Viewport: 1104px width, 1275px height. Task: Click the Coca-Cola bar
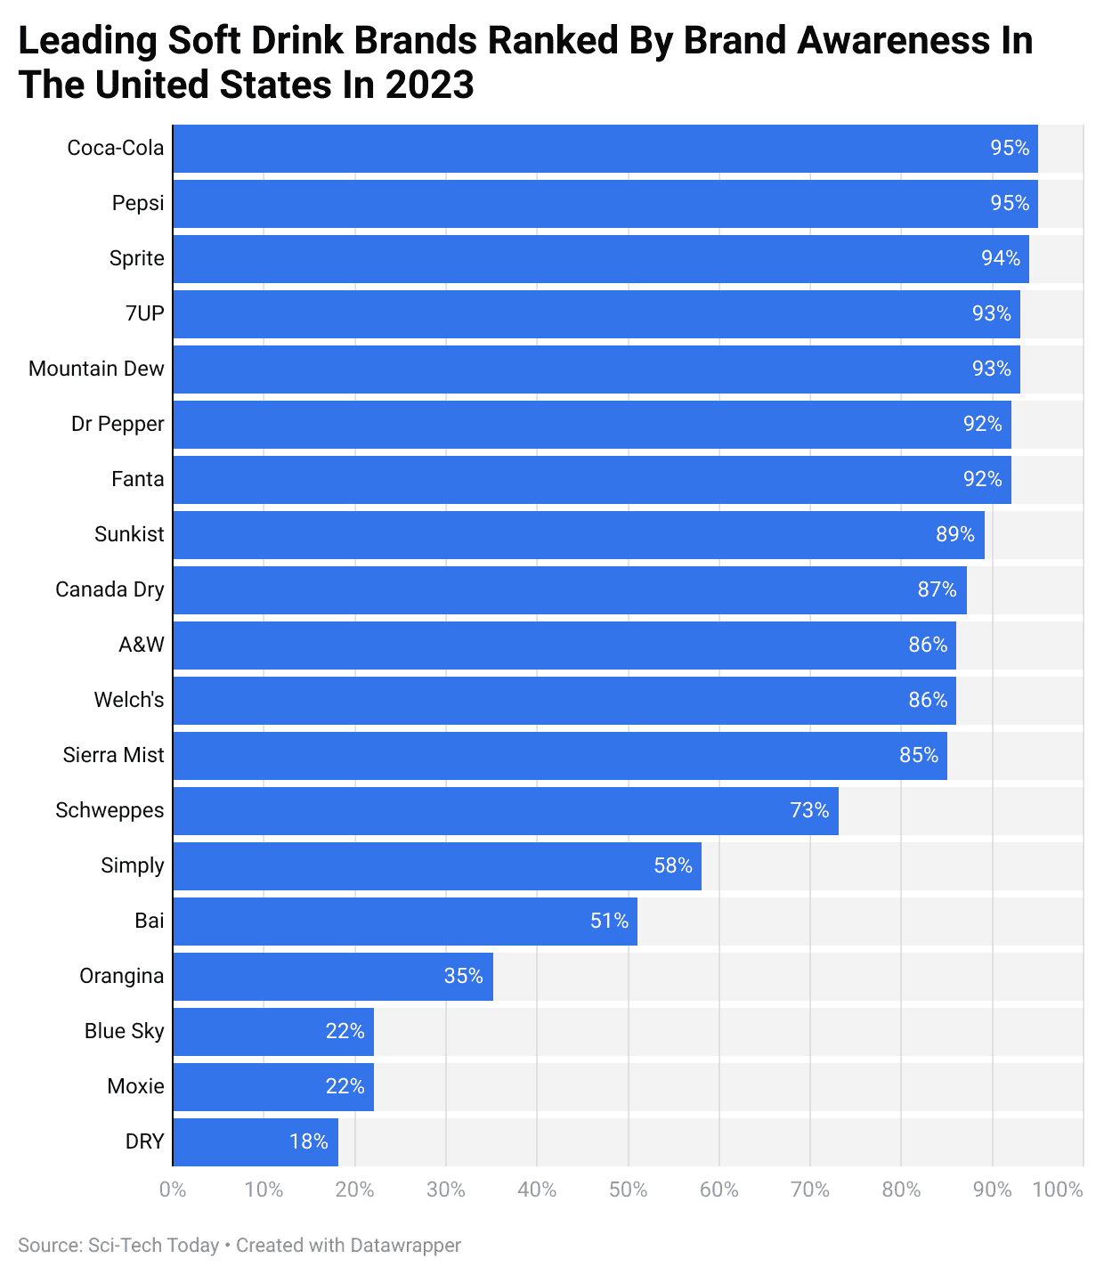(605, 148)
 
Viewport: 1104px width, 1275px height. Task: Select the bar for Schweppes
(506, 810)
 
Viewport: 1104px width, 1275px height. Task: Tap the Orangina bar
(333, 976)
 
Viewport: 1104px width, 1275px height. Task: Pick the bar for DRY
(256, 1141)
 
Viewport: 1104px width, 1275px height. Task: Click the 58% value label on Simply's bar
(673, 865)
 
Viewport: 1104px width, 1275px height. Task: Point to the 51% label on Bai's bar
(610, 921)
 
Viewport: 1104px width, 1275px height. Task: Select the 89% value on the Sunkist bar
(955, 534)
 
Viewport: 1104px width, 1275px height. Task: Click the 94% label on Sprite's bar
(1001, 258)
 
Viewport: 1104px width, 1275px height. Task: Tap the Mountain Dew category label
(96, 369)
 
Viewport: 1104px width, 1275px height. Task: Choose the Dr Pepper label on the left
(118, 424)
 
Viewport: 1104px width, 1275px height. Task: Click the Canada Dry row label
(110, 589)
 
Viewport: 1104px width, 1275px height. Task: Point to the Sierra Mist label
(113, 755)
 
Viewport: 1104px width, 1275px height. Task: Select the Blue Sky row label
(124, 1031)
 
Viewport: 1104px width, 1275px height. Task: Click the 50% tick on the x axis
(628, 1190)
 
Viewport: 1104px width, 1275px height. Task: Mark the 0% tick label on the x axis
(173, 1190)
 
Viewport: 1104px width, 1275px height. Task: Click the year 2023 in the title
(429, 85)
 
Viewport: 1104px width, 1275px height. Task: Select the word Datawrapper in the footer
(405, 1245)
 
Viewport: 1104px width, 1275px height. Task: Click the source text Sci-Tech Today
(153, 1245)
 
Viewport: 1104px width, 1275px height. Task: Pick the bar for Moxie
(273, 1086)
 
